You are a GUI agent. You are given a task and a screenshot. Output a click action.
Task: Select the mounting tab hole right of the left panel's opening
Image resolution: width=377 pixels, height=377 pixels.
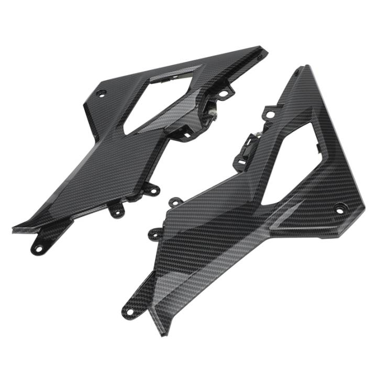point(224,94)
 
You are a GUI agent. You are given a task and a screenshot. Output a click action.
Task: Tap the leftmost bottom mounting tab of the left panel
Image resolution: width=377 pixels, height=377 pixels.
point(38,245)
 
